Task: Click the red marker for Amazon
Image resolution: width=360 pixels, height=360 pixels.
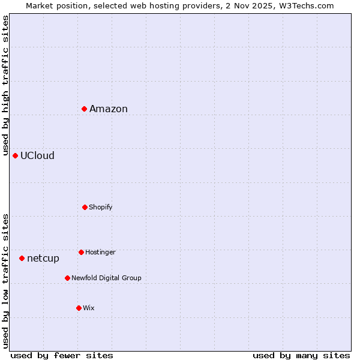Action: tap(85, 109)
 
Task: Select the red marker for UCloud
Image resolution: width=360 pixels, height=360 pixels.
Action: tap(16, 155)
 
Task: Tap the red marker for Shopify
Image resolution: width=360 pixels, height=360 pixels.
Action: tap(85, 207)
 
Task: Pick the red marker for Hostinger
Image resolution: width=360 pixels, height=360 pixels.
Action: tap(81, 252)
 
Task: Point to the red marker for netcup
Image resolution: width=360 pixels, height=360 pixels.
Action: tap(22, 258)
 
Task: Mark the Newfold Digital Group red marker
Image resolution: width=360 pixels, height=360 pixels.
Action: tap(67, 278)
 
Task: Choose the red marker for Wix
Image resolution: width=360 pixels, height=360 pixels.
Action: tap(79, 308)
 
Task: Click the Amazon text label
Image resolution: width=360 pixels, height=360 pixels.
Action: tap(109, 109)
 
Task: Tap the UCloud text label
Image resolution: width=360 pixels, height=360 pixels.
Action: tap(37, 155)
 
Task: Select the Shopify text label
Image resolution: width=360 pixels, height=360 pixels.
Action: tap(101, 207)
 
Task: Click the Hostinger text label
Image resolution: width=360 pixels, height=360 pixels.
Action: tap(100, 252)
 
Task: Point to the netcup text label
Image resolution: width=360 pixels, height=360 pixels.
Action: tap(43, 258)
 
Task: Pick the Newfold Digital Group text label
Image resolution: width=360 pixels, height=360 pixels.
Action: tap(106, 278)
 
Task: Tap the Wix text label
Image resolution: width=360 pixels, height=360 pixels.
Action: tap(89, 308)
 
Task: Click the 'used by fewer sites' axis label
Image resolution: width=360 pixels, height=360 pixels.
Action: tap(62, 355)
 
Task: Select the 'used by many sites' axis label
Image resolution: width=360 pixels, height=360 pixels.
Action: tap(301, 355)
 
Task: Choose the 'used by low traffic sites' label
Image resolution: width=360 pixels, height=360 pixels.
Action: tap(5, 281)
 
